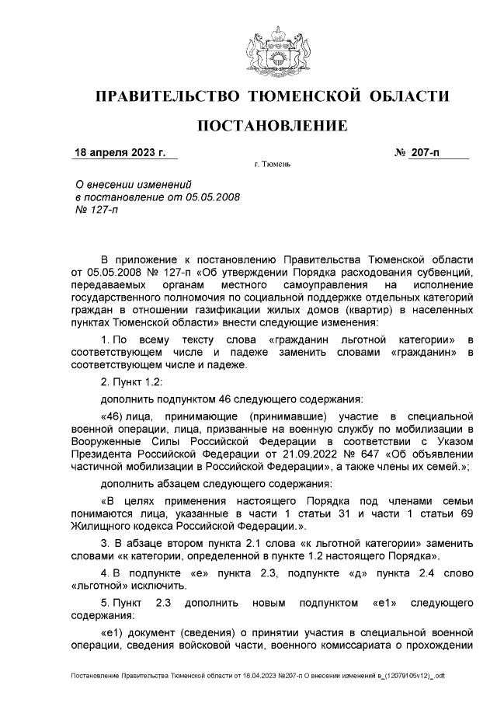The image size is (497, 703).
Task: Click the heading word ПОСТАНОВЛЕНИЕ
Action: click(x=271, y=125)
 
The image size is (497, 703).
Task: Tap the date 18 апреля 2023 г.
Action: click(x=120, y=152)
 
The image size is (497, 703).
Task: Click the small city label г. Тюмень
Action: click(x=273, y=165)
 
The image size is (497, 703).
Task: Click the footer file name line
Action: click(x=257, y=676)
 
